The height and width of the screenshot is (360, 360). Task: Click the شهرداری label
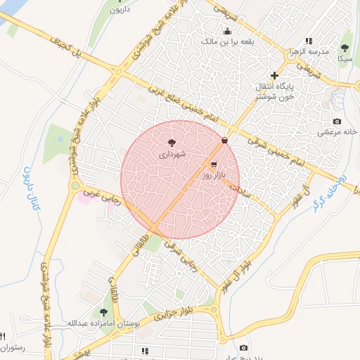(x=172, y=153)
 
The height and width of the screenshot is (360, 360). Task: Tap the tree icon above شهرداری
(x=172, y=143)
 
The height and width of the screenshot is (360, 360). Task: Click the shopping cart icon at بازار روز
(x=213, y=163)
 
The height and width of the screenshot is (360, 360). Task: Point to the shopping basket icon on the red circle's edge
(x=224, y=141)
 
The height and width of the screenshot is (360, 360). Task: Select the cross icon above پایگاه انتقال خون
(x=274, y=75)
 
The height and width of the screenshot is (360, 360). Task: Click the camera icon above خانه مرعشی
(x=337, y=122)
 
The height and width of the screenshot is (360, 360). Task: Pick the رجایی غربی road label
(x=102, y=196)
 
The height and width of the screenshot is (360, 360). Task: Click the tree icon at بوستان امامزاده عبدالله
(x=104, y=312)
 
